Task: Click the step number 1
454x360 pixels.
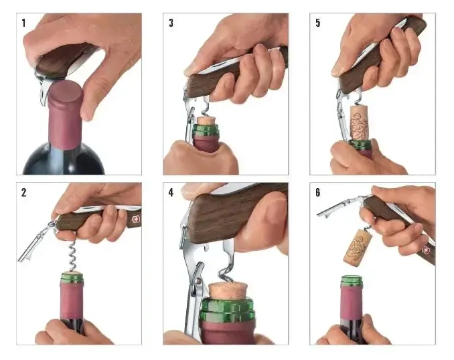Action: coord(23,23)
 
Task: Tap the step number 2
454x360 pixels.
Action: coord(23,193)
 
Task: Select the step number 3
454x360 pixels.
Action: coord(171,23)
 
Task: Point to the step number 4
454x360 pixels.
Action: coord(171,193)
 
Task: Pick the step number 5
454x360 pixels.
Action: coord(318,23)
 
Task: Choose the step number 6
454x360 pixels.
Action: coord(318,193)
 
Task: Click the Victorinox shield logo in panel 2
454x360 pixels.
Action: coord(135,219)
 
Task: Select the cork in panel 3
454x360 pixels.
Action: coord(206,120)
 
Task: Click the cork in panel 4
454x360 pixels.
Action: coord(228,290)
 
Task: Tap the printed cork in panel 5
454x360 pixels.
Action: coord(359,122)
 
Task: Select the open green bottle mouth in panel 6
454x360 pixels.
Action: coord(352,281)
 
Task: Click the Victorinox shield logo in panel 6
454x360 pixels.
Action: coord(426,250)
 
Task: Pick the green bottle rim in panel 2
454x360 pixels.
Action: coord(72,277)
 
